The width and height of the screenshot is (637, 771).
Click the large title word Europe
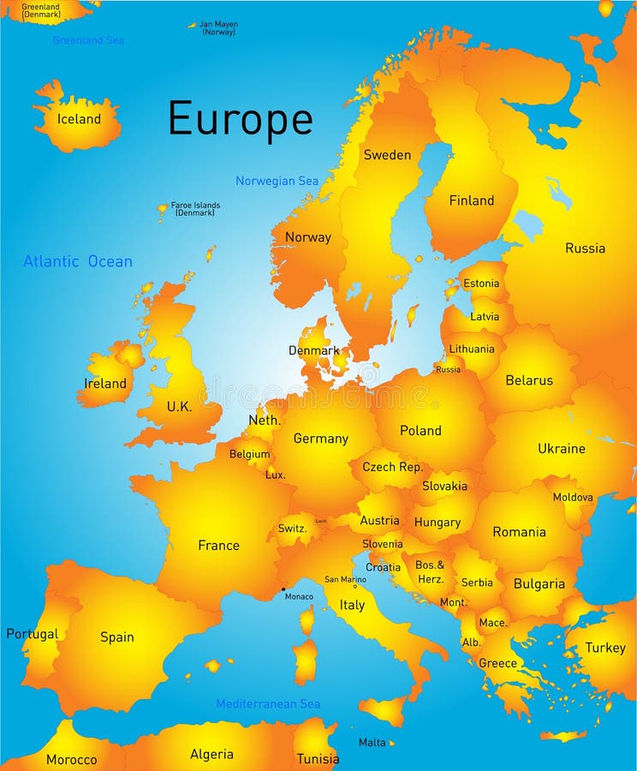click(240, 119)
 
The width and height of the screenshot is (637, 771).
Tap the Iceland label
click(79, 119)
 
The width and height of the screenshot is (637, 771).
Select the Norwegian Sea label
click(277, 181)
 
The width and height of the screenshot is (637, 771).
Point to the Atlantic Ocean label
click(78, 261)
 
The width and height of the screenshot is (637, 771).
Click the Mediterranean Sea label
click(268, 704)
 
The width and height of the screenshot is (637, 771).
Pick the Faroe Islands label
click(195, 208)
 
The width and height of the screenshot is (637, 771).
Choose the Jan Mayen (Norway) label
click(217, 28)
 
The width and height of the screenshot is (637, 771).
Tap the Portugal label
click(32, 635)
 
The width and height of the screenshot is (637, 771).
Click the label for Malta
click(372, 743)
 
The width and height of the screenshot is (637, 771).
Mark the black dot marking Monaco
click(283, 589)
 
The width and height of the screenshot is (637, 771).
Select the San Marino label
click(345, 579)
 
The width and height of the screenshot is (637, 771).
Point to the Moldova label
click(573, 497)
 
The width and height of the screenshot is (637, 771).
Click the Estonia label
click(480, 284)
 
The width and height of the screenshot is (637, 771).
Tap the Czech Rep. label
click(392, 467)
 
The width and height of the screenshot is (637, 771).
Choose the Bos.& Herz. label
click(430, 571)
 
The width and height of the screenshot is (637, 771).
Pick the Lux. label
click(275, 475)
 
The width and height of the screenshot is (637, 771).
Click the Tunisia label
click(318, 759)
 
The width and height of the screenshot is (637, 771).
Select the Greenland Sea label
click(88, 40)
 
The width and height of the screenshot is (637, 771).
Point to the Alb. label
click(471, 642)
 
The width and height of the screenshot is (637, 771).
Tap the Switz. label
click(292, 529)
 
